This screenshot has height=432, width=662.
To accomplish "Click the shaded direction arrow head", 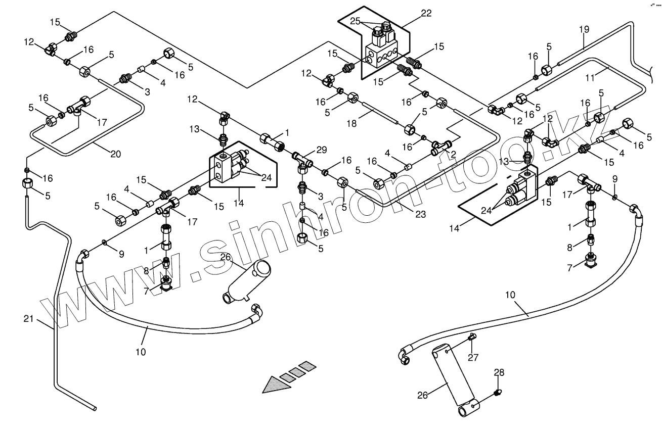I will pos(276,384).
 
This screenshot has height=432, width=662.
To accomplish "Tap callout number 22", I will pos(426,13).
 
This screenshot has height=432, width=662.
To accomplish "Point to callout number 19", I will pos(584,29).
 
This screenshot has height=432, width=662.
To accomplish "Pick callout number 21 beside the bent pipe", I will pos(29,318).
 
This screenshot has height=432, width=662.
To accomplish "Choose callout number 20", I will pos(116,154).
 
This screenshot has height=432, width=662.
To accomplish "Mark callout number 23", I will pos(420,214).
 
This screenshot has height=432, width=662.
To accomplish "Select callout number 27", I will pos(473,358).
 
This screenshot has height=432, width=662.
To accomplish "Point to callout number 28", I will pos(499,373).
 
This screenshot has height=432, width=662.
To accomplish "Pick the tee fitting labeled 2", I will pos(442,147).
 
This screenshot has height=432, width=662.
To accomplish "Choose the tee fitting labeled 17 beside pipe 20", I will pos(79,106).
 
